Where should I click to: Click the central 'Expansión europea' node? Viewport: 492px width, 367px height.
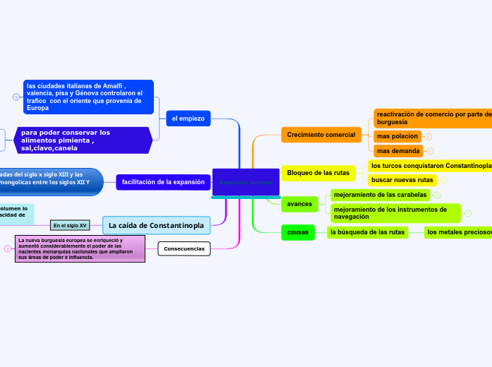(x=246, y=182)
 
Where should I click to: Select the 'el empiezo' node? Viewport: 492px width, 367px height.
(x=188, y=119)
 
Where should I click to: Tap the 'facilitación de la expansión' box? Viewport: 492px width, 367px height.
(x=163, y=182)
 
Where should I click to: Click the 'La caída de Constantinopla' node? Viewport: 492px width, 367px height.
(x=157, y=225)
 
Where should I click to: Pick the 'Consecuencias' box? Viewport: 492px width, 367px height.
(x=184, y=248)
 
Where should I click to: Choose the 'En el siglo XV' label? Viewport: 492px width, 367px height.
(x=70, y=225)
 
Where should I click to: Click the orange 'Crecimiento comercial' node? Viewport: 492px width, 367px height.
(x=320, y=134)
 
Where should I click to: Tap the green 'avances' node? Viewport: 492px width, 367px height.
(x=300, y=204)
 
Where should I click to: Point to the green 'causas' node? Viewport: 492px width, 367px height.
(x=298, y=231)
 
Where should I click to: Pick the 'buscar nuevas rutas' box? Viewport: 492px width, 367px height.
(x=402, y=180)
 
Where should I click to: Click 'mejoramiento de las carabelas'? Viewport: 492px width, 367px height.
(x=380, y=195)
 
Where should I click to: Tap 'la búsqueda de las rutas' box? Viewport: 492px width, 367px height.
(x=367, y=231)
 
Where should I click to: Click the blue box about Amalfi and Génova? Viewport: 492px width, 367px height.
(x=88, y=97)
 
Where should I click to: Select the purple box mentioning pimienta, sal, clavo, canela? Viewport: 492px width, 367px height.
(x=83, y=140)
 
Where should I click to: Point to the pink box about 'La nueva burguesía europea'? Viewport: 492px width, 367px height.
(x=80, y=248)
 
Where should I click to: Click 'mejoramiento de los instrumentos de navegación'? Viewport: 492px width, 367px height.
(x=395, y=213)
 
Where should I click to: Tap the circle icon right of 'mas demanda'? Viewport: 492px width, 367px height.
(x=430, y=151)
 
